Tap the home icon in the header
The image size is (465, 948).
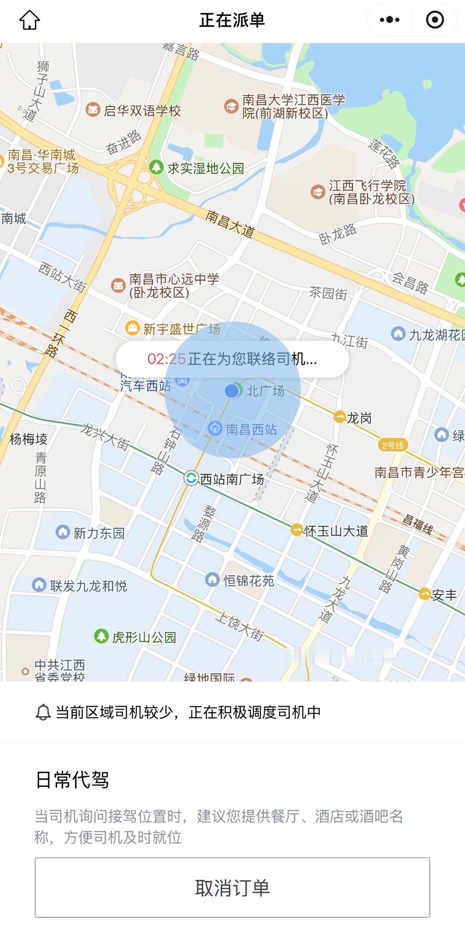[x=30, y=20]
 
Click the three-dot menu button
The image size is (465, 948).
[x=390, y=20]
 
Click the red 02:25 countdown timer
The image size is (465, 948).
[x=166, y=359]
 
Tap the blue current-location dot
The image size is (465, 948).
[x=232, y=391]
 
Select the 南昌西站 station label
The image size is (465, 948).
[x=251, y=429]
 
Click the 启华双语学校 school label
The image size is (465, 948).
[x=142, y=111]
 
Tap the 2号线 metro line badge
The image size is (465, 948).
[x=393, y=445]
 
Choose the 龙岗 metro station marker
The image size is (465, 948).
[x=340, y=417]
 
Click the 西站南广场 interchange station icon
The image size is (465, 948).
[x=191, y=478]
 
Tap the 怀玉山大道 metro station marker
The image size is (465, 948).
[x=296, y=530]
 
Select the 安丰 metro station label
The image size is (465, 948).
[x=444, y=595]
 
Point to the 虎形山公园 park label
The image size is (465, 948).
[x=144, y=637]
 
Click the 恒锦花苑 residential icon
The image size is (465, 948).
[x=212, y=580]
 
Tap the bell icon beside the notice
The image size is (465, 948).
[x=43, y=712]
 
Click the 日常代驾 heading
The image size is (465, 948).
[x=72, y=780]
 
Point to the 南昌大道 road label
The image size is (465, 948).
[x=230, y=224]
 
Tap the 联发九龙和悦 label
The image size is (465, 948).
[x=88, y=586]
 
